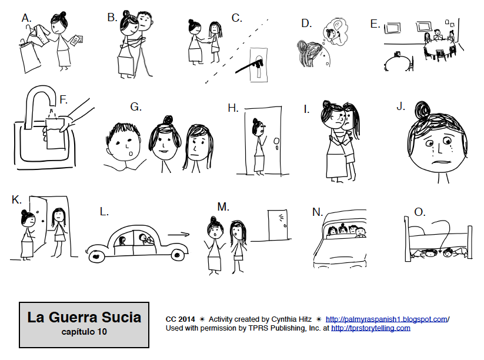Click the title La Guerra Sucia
tap(84, 318)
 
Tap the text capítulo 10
tap(84, 331)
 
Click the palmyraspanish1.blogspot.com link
tap(386, 319)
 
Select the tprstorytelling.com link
tap(370, 328)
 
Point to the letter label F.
tap(64, 100)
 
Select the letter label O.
tap(419, 211)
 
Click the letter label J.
tap(401, 106)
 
